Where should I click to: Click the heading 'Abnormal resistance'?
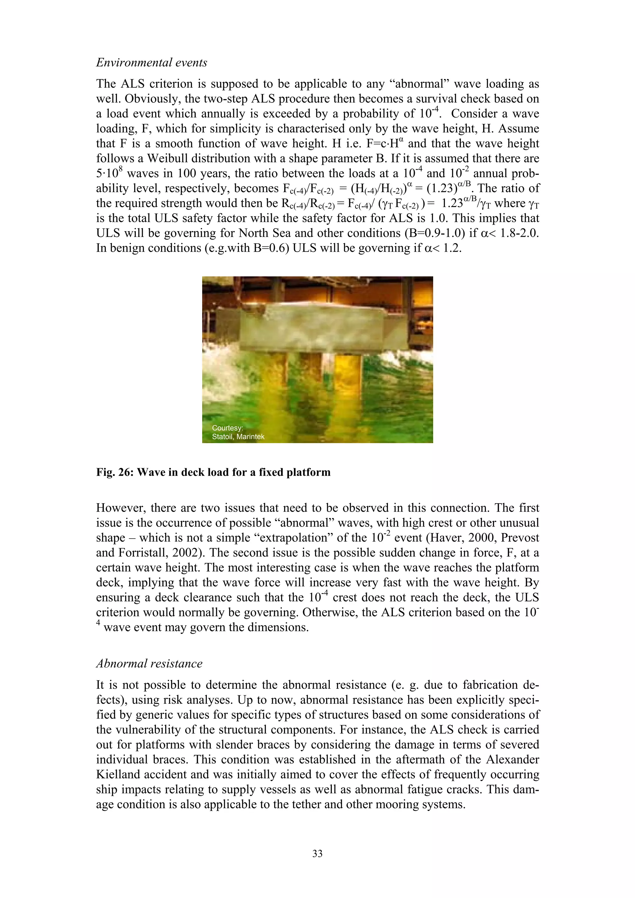[149, 664]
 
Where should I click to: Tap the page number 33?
[317, 853]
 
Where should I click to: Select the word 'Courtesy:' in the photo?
[227, 428]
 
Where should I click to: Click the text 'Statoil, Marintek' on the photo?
[238, 437]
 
